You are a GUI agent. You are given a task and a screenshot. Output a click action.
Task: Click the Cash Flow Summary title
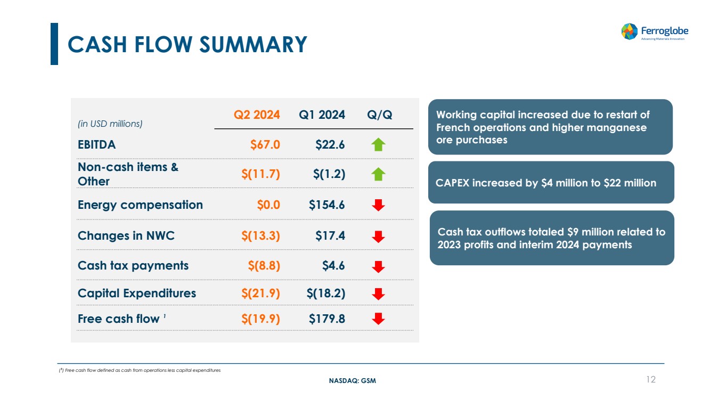(187, 44)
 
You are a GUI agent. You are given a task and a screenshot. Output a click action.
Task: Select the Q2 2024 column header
(257, 115)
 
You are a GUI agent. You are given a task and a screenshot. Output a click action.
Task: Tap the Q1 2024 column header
(322, 115)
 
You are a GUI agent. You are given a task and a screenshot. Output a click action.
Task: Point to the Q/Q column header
(380, 115)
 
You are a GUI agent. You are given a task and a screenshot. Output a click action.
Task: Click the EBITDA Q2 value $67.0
(265, 144)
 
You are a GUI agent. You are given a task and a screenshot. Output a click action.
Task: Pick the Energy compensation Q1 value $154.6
(327, 205)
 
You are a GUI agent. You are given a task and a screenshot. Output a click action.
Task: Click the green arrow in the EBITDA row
(378, 144)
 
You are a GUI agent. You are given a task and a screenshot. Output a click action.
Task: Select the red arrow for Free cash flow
(378, 319)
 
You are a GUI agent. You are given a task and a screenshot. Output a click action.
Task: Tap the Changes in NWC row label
(126, 235)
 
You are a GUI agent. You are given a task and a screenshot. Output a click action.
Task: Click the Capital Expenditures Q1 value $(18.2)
(325, 293)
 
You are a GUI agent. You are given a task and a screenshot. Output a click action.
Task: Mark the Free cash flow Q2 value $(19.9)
(260, 319)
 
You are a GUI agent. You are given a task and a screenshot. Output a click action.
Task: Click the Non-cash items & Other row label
(128, 174)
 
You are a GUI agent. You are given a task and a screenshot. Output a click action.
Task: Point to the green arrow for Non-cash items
(378, 174)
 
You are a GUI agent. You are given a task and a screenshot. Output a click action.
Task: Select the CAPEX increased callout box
(551, 183)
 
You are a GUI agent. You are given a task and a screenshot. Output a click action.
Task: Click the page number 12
(650, 379)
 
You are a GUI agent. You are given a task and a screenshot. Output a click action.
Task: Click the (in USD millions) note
(110, 124)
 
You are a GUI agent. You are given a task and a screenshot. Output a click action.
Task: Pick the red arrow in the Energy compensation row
(378, 205)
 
